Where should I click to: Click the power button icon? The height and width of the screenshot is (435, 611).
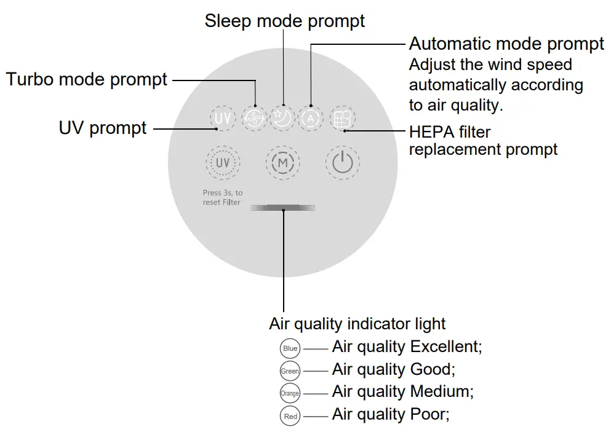coord(343,163)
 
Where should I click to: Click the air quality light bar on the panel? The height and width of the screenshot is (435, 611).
coord(283,209)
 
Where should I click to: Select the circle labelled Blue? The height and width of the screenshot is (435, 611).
coord(290,349)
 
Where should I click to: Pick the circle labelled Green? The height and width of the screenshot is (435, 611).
coord(290,371)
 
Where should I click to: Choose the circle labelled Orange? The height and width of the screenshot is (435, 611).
coord(290,393)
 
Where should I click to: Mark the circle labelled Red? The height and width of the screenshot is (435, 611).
coord(290,416)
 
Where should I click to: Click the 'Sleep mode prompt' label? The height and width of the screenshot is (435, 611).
coord(284,21)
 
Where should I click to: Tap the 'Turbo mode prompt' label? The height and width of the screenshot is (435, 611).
coord(87,79)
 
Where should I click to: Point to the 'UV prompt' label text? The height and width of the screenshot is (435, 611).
coord(103,128)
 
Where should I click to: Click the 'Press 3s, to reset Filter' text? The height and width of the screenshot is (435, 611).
coord(222,197)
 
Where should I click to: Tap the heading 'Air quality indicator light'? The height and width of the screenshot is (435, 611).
coord(357,324)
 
